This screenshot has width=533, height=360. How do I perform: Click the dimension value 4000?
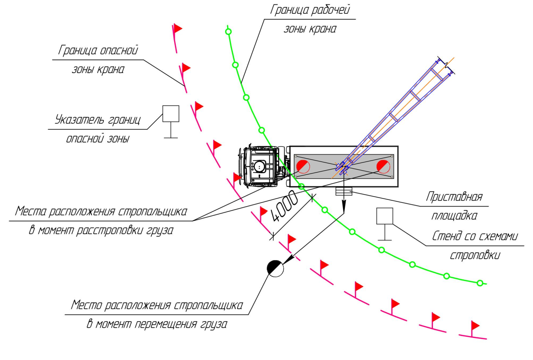284,206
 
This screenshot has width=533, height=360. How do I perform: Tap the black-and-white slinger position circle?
275,268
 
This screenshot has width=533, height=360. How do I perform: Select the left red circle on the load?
303,166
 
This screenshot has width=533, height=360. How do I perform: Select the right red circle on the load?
383,166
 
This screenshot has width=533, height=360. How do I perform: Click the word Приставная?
454,196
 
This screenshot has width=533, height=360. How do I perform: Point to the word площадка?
454,216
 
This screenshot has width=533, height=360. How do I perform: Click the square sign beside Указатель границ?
171,114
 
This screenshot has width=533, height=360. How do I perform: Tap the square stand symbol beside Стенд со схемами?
385,216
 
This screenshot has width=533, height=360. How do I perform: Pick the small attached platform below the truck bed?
344,191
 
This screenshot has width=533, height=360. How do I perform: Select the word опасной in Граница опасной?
119,51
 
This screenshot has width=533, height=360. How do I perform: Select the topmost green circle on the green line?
228,31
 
